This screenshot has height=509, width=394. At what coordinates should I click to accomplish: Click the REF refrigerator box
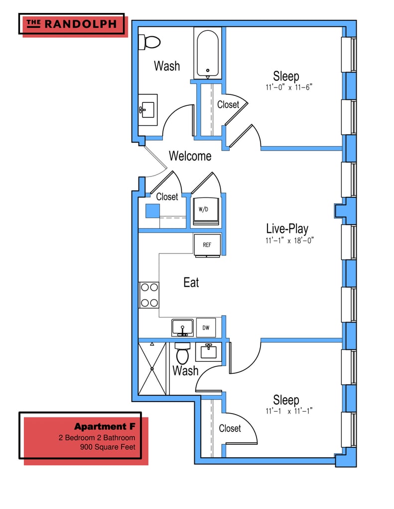(x=207, y=245)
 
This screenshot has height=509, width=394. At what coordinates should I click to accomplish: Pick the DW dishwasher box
(x=206, y=328)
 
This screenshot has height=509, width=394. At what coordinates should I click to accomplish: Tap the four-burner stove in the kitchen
(x=149, y=295)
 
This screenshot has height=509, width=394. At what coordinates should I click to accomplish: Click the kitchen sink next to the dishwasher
(x=183, y=328)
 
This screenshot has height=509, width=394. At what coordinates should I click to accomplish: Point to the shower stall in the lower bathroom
(x=153, y=368)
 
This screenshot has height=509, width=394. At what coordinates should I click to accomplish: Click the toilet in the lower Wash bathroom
(x=182, y=354)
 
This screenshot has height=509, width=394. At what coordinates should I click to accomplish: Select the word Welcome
(x=190, y=156)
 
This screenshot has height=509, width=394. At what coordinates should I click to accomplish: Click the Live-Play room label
(x=287, y=229)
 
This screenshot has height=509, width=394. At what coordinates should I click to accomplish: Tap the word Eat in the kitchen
(x=191, y=282)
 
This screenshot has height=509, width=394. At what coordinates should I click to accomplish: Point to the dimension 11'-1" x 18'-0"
(x=289, y=240)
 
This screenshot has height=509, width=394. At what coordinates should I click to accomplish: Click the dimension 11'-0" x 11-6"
(x=288, y=87)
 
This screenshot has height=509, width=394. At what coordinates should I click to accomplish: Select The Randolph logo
(x=71, y=23)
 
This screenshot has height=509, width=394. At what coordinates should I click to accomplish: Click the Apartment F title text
(x=105, y=426)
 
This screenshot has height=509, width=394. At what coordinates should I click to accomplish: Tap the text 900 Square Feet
(x=108, y=447)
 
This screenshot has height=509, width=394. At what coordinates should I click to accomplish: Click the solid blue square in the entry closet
(x=152, y=210)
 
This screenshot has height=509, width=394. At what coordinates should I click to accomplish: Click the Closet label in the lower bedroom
(x=230, y=428)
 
